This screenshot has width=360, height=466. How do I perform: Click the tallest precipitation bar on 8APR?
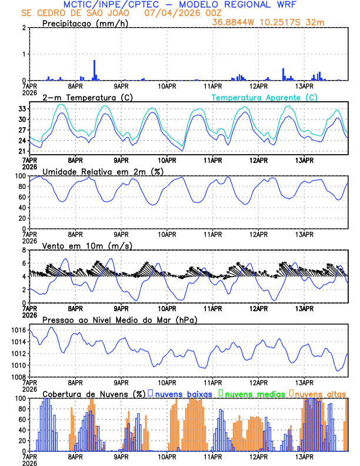94,70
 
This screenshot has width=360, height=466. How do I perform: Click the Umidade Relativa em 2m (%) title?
102,171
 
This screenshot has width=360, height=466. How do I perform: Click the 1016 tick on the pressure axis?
17,332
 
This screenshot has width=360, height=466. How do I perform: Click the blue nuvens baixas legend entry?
180,393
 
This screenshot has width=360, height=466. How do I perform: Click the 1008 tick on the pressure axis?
17,377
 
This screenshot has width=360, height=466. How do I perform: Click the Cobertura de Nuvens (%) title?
94,393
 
